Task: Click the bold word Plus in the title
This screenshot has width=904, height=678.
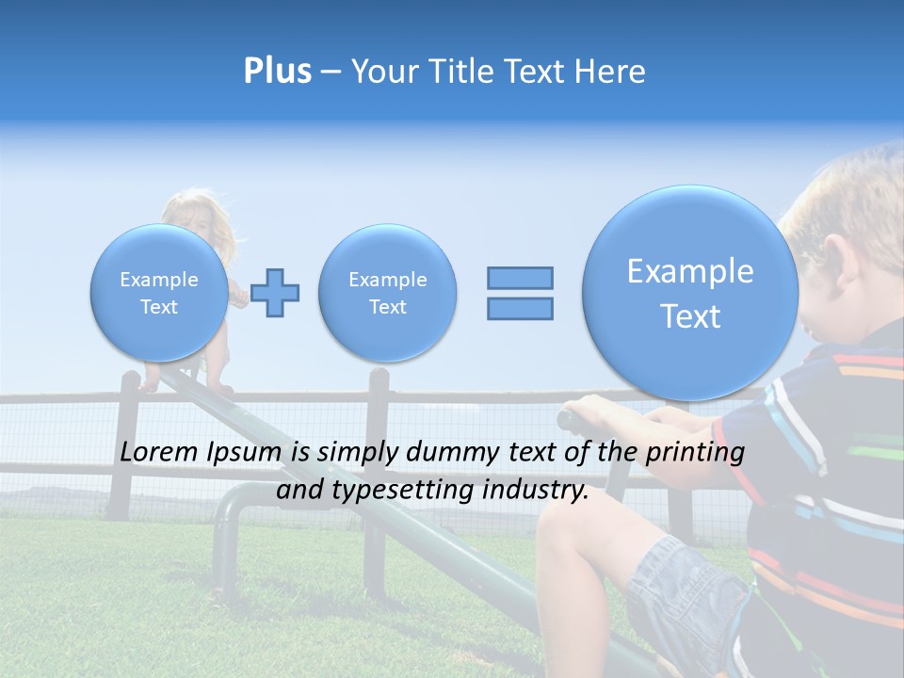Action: [277, 72]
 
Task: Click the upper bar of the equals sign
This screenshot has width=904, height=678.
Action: [520, 278]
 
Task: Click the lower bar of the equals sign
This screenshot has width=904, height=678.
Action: [520, 308]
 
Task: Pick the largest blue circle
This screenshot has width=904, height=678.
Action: [689, 293]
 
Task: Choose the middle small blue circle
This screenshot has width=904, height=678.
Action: [387, 293]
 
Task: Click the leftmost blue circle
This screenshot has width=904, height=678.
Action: [158, 293]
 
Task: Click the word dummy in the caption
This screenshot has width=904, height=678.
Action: [454, 452]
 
